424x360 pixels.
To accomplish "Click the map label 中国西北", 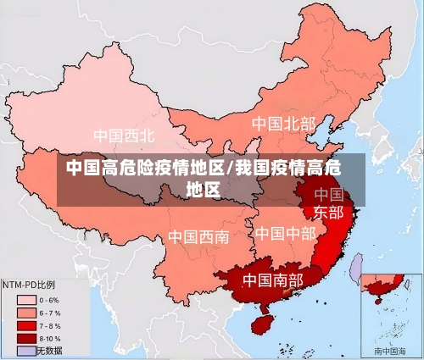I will click(124, 135).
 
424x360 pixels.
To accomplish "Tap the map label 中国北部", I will click(282, 124).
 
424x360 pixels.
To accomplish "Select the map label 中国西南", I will click(198, 236).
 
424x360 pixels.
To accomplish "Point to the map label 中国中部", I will click(285, 232).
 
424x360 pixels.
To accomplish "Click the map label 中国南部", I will click(272, 279).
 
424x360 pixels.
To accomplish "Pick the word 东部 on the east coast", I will click(329, 212).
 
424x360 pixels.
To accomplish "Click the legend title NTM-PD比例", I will click(29, 285).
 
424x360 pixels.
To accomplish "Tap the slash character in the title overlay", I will click(231, 166).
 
